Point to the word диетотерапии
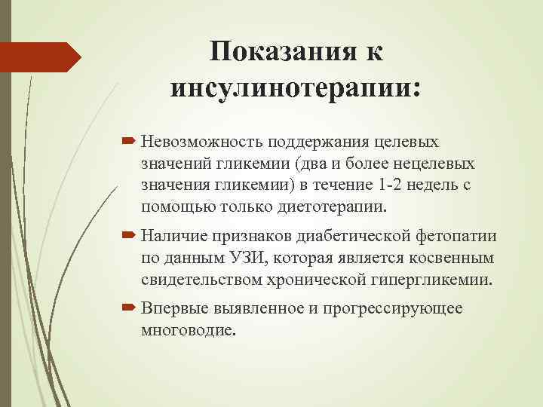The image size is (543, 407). pyautogui.click(x=335, y=205)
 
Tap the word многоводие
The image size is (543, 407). pyautogui.click(x=188, y=330)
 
